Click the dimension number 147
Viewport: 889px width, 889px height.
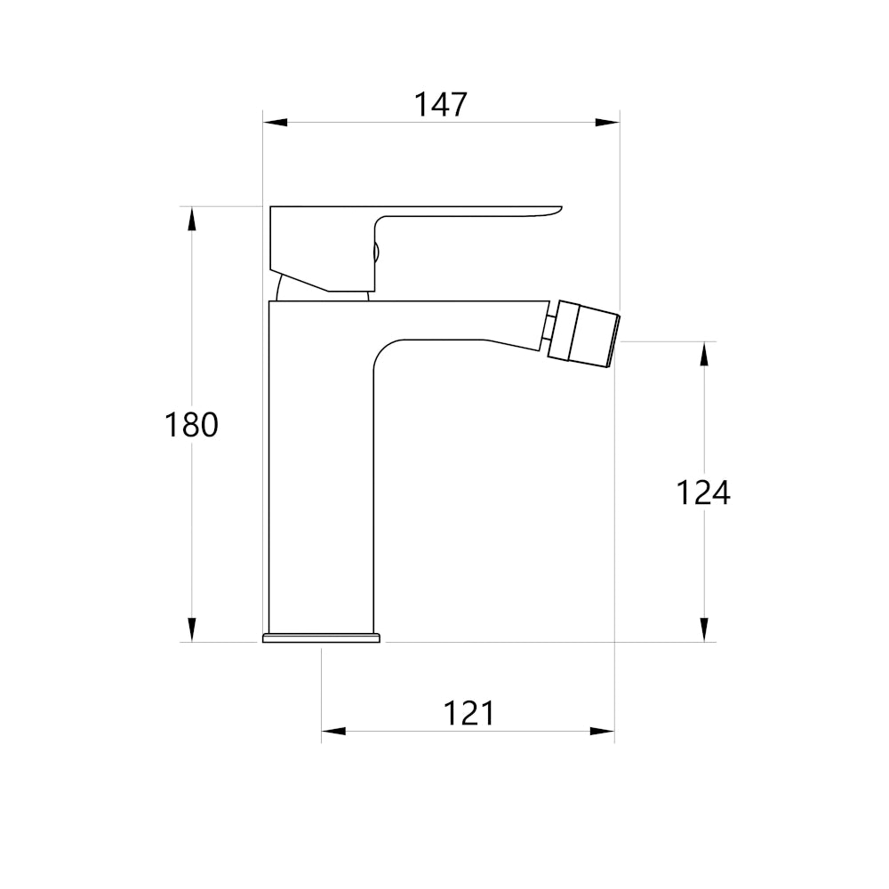(x=441, y=105)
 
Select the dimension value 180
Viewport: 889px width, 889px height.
(x=191, y=425)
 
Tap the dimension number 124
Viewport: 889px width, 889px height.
(x=703, y=492)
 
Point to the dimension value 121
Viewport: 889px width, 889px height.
(x=469, y=713)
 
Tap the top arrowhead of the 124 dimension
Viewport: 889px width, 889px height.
(x=705, y=354)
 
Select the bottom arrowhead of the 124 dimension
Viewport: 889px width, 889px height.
(x=705, y=629)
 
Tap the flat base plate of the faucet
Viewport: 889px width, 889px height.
(x=321, y=637)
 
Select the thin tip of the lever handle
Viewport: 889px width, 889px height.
(x=547, y=212)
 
